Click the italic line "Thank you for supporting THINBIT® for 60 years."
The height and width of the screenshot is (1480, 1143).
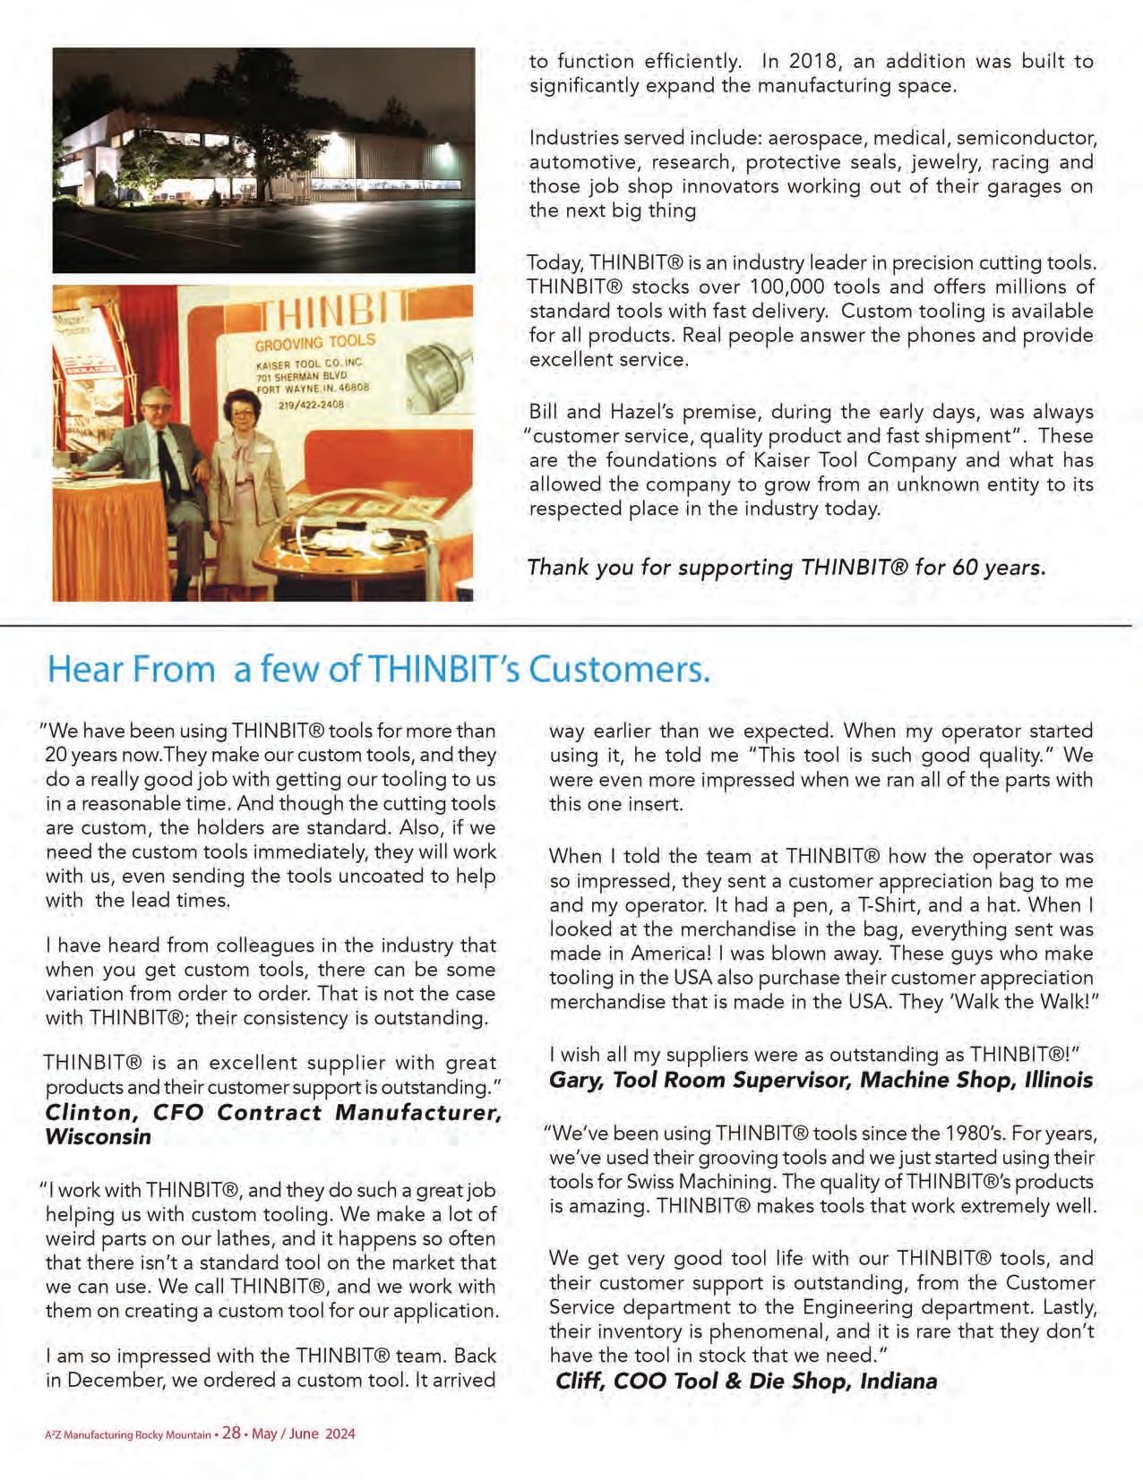click(786, 568)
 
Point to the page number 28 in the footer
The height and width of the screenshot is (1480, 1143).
click(231, 1433)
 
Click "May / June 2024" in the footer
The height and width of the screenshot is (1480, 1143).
click(304, 1433)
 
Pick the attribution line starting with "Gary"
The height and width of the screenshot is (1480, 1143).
click(821, 1080)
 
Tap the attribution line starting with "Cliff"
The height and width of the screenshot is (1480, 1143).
click(746, 1381)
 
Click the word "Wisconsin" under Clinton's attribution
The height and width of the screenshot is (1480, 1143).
click(98, 1137)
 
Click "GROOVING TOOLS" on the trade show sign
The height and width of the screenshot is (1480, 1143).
click(315, 343)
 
